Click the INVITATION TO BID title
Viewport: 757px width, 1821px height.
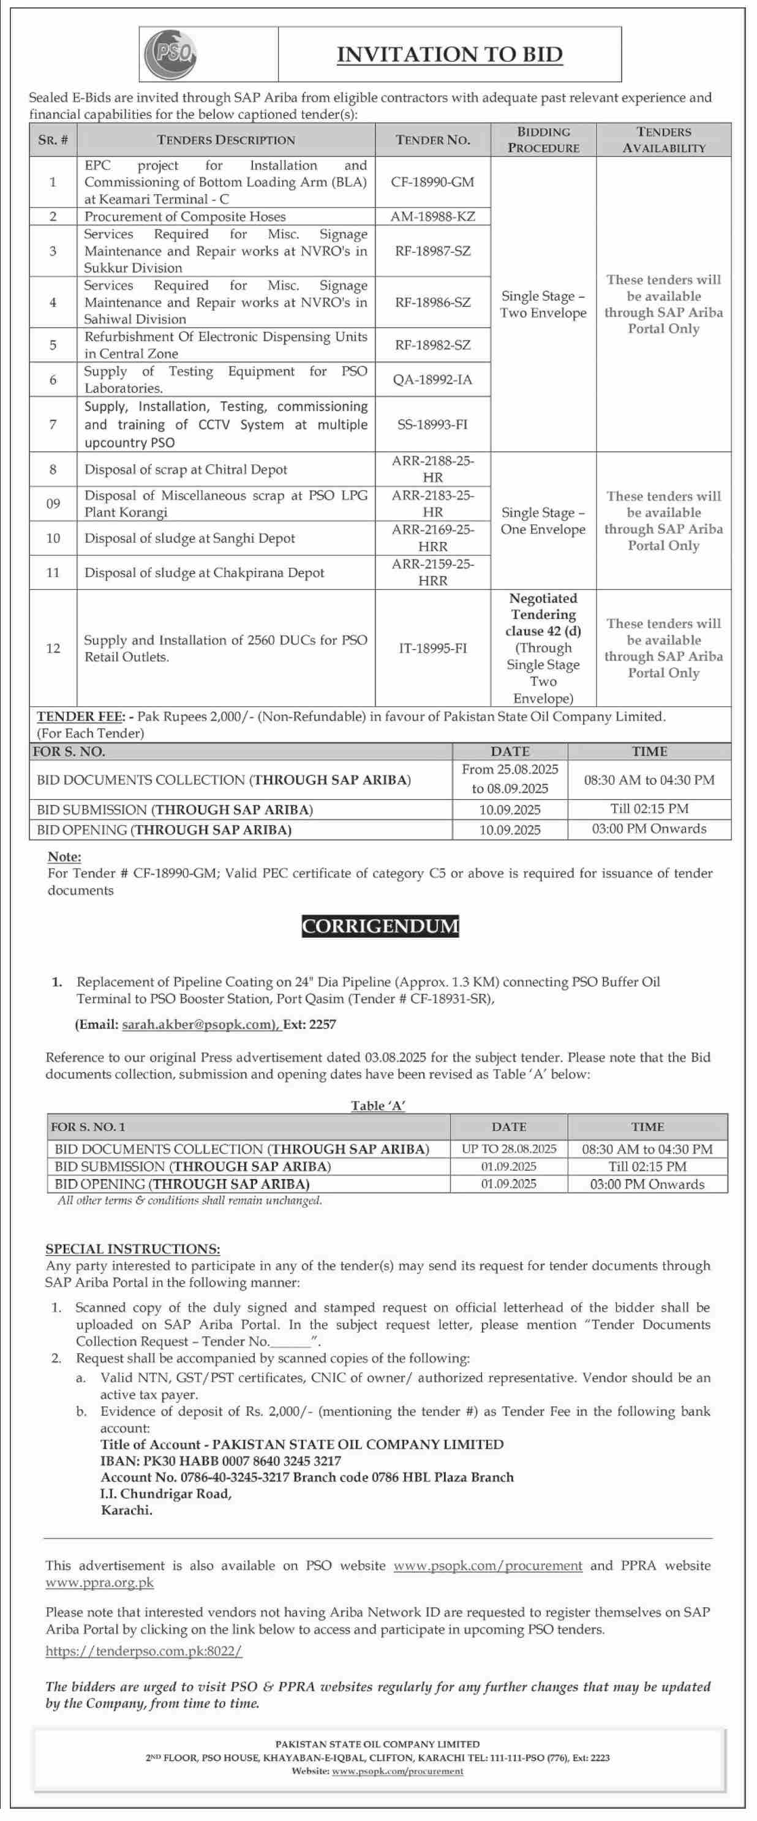pyautogui.click(x=450, y=55)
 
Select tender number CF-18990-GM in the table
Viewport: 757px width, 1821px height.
pyautogui.click(x=432, y=182)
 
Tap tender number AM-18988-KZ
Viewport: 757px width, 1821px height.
pyautogui.click(x=432, y=216)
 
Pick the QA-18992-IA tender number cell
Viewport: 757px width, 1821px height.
pyautogui.click(x=432, y=380)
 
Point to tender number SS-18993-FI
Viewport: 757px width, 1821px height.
pyautogui.click(x=432, y=424)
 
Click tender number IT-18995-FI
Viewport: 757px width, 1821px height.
pyautogui.click(x=432, y=648)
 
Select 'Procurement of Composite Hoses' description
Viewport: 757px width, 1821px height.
pyautogui.click(x=185, y=216)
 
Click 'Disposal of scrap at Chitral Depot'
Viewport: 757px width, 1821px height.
pyautogui.click(x=186, y=469)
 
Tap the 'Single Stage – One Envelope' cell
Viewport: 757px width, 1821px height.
pyautogui.click(x=543, y=521)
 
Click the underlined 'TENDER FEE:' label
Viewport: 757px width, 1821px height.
pyautogui.click(x=81, y=717)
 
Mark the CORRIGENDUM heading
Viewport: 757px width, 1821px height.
pyautogui.click(x=380, y=926)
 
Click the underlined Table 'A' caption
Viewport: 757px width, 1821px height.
pyautogui.click(x=378, y=1106)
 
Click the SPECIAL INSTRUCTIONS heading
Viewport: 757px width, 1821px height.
pyautogui.click(x=133, y=1249)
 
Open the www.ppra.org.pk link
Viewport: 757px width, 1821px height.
pyautogui.click(x=100, y=1582)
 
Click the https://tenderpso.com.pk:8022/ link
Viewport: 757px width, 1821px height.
pyautogui.click(x=143, y=1651)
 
